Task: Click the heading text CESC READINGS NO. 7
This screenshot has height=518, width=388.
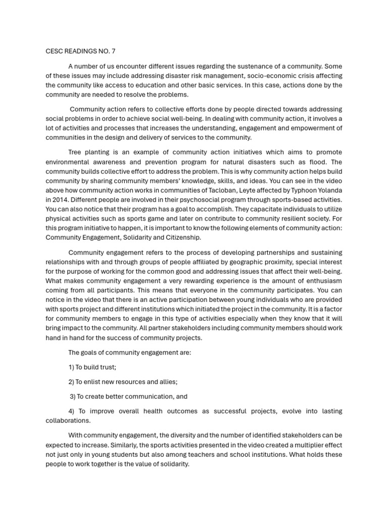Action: [x=84, y=51]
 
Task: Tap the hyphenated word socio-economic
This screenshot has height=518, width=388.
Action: [x=259, y=75]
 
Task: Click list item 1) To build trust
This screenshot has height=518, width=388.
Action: [x=92, y=367]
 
